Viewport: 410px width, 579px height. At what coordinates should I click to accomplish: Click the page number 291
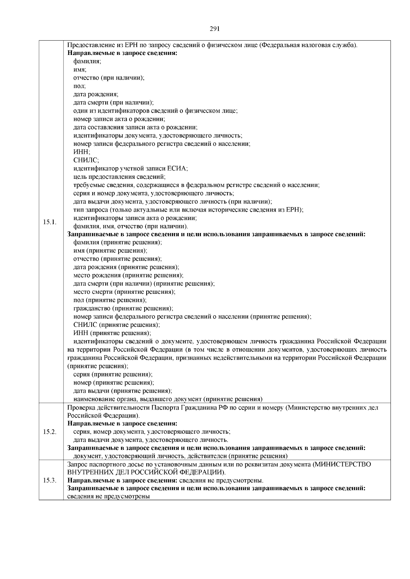[214, 29]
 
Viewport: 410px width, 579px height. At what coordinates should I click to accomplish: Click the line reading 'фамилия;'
[87, 61]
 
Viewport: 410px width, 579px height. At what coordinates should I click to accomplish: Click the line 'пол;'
[80, 86]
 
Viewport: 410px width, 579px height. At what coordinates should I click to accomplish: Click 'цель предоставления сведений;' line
[119, 177]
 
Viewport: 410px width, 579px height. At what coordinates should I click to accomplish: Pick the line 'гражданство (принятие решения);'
[123, 308]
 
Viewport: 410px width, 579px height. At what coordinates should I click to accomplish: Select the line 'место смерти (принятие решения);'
[124, 292]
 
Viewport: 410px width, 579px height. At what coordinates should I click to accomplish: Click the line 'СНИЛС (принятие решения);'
[117, 325]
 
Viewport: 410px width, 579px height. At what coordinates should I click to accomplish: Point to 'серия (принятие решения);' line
[113, 374]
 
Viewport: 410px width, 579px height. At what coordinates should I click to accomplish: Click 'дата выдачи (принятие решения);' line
[122, 391]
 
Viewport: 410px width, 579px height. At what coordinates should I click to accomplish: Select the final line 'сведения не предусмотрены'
[109, 497]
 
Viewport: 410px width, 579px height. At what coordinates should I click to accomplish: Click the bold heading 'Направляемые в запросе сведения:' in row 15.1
[122, 53]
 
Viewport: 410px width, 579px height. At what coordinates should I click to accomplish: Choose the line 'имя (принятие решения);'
[110, 251]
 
